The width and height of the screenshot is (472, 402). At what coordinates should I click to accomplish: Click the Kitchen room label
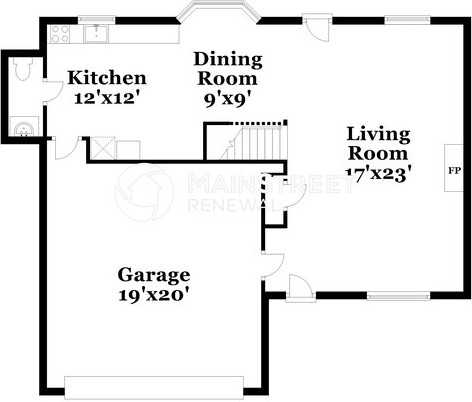[107, 78]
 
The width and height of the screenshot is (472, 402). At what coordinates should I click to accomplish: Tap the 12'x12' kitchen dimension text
[107, 97]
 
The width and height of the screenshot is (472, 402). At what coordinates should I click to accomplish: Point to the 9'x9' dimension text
[225, 99]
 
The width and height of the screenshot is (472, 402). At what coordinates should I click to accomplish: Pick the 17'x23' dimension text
[378, 172]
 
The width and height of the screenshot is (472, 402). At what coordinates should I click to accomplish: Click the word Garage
[154, 274]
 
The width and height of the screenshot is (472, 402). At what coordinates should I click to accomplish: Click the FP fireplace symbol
[453, 170]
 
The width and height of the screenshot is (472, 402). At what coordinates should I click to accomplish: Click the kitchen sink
[96, 35]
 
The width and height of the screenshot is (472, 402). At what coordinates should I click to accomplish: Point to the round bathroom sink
[22, 127]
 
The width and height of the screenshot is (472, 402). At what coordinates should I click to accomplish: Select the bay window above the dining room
[218, 13]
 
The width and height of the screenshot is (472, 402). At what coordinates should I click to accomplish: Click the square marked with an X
[101, 149]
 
